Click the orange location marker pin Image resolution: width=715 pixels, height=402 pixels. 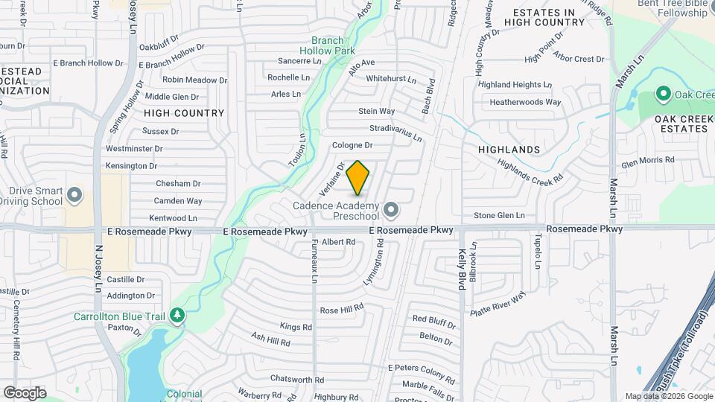(x=358, y=177)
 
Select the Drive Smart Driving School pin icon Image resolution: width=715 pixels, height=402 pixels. (x=74, y=196)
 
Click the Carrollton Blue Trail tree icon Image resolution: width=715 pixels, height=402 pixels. (x=177, y=316)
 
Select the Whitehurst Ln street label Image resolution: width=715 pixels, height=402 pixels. (x=391, y=78)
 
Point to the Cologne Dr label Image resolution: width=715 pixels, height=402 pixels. (x=352, y=145)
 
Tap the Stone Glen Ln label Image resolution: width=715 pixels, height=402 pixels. (x=499, y=215)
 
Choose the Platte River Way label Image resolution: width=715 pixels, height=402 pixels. (x=498, y=305)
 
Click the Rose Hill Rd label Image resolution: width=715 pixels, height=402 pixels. (x=341, y=308)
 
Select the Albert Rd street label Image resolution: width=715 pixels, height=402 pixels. (x=339, y=242)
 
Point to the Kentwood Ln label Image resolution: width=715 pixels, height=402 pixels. (x=174, y=218)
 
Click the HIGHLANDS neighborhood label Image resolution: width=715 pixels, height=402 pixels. (x=509, y=150)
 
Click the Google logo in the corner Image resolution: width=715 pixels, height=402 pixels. (x=25, y=392)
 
